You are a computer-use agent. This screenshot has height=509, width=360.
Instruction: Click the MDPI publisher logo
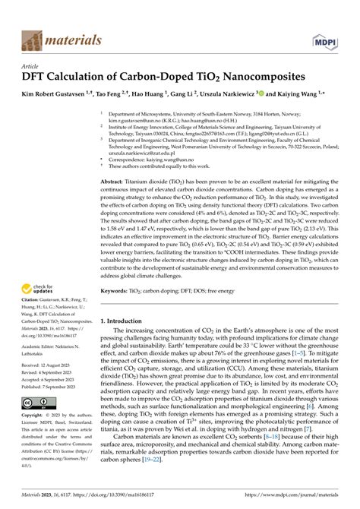321,37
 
